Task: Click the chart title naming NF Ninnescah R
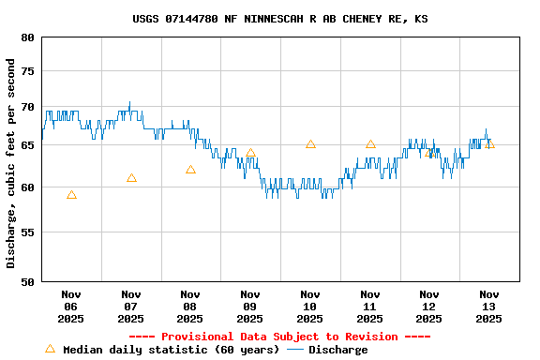click(280, 18)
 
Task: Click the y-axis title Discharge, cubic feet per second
click(11, 163)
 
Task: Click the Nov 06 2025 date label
click(71, 306)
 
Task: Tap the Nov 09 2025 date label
click(250, 306)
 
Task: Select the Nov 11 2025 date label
click(369, 306)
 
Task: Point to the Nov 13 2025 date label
click(488, 306)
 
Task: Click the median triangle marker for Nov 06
click(71, 195)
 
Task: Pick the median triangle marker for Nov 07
click(131, 178)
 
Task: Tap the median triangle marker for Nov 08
click(190, 170)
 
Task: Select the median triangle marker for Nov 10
click(310, 144)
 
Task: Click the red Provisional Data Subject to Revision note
click(279, 337)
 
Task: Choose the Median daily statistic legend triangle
click(51, 349)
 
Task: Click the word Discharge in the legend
click(338, 350)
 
